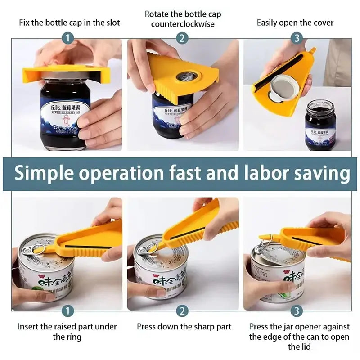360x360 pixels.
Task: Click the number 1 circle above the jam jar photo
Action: point(67,38)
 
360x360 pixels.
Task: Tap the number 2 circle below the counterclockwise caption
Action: point(182,38)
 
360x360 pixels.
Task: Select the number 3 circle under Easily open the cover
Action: point(297,38)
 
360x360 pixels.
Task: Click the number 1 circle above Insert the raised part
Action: point(67,310)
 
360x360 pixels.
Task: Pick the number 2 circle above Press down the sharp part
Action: point(182,310)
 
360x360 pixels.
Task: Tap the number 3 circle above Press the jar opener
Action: point(297,310)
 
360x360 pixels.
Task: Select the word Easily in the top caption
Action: point(268,23)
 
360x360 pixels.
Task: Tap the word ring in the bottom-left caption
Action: point(75,337)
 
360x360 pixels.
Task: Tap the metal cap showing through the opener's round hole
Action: point(184,76)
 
